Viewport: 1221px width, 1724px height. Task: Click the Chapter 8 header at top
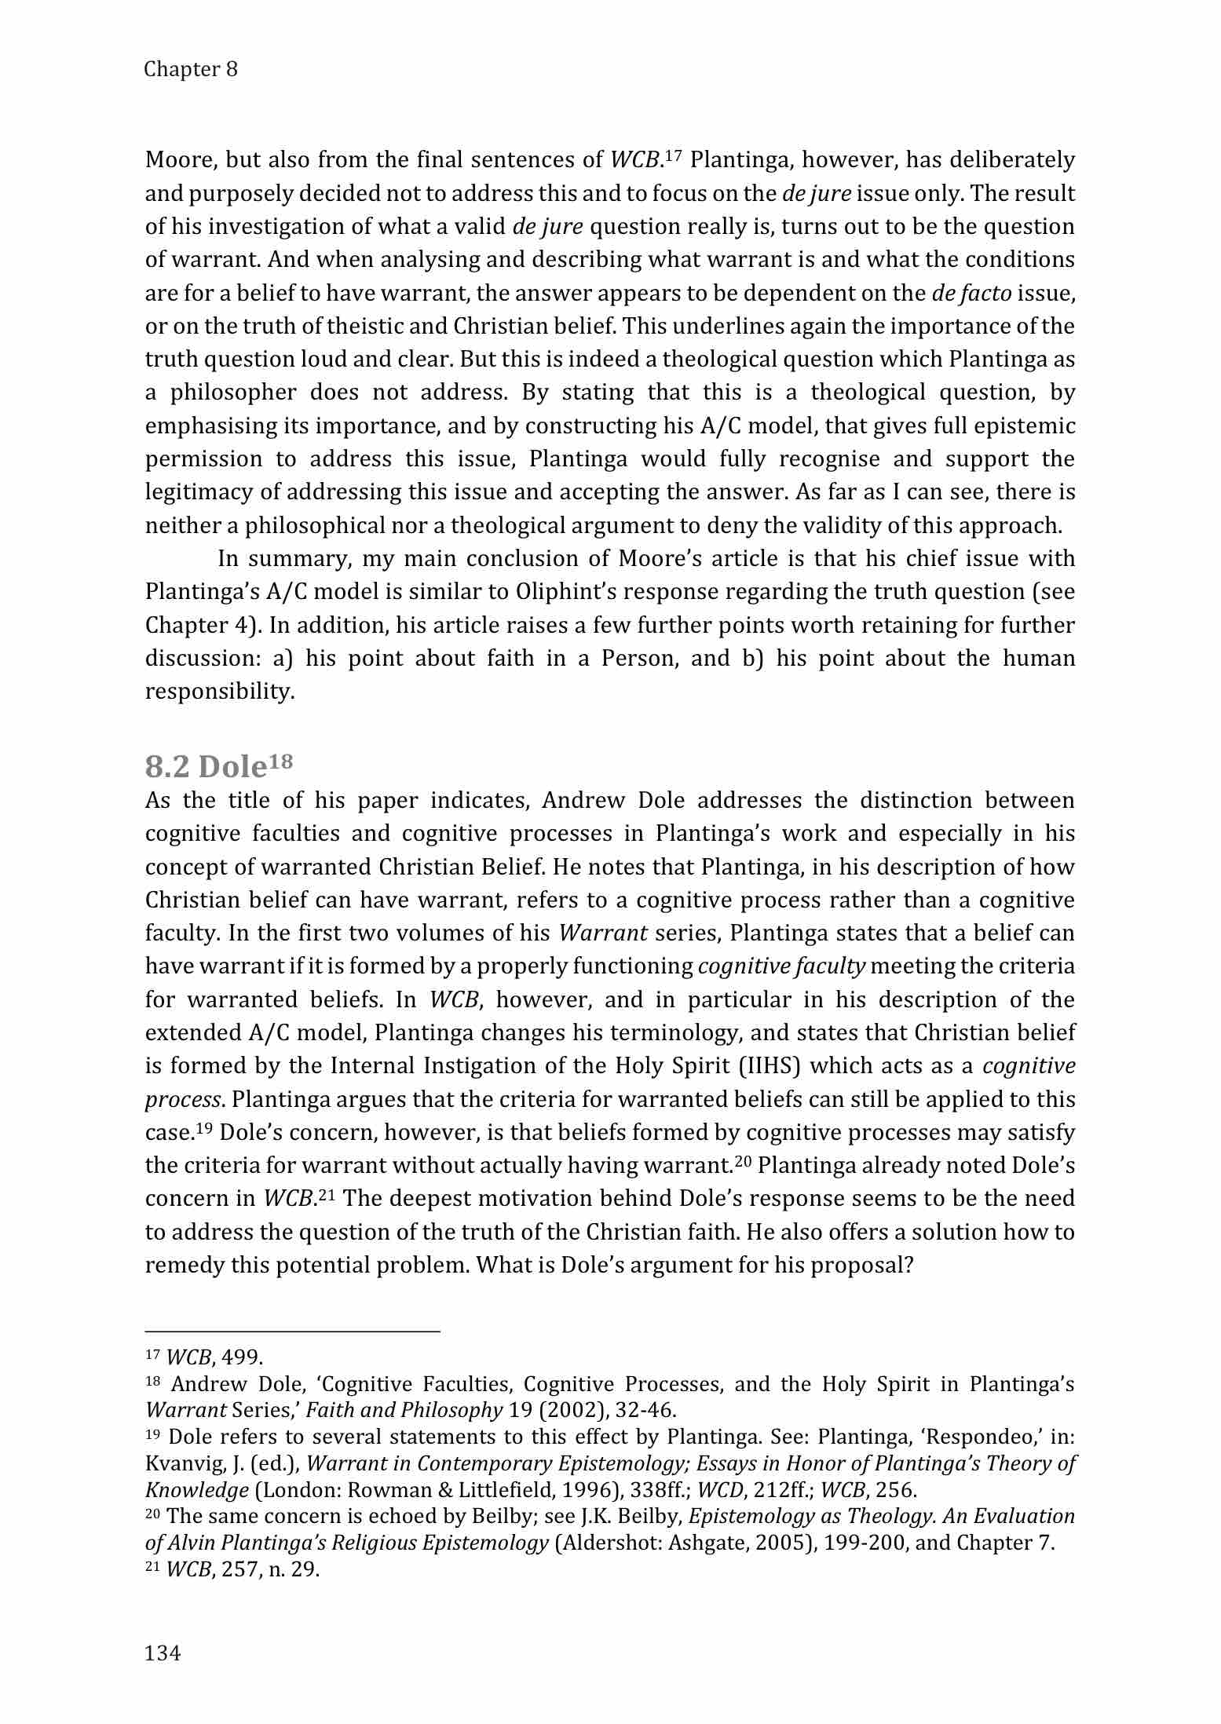pos(191,69)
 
